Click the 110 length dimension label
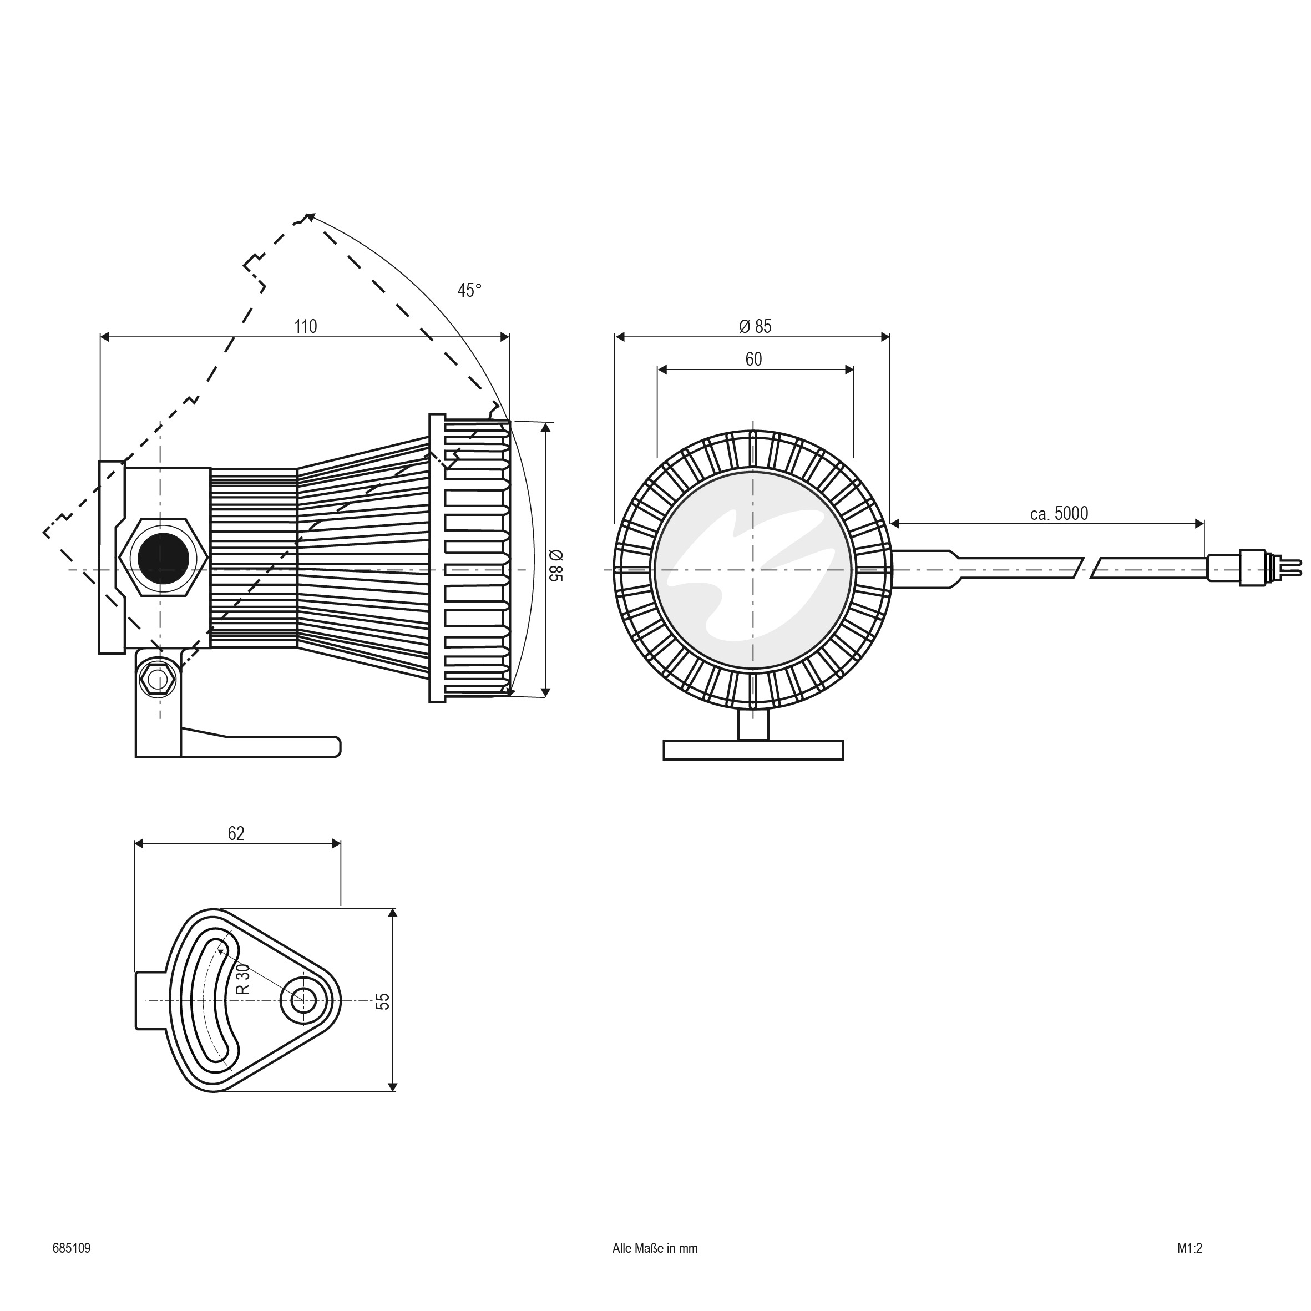click(305, 327)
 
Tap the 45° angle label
click(469, 290)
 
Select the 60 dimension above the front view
click(753, 359)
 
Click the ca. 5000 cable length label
click(1059, 514)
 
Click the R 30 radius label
click(243, 979)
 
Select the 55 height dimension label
click(383, 1001)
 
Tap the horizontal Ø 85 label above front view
click(755, 326)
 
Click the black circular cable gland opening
click(163, 558)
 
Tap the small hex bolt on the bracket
click(158, 679)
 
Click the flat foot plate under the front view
click(753, 750)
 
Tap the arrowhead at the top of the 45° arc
click(309, 217)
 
